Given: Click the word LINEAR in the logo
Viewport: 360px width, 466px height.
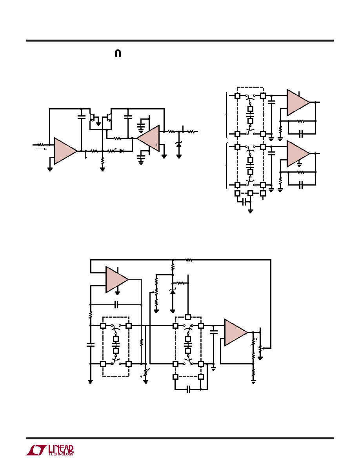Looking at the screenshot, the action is click(x=61, y=449).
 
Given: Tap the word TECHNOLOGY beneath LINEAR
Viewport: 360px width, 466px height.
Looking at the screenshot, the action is click(x=61, y=454).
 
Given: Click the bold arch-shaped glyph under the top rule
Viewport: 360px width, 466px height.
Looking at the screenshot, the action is click(x=118, y=53).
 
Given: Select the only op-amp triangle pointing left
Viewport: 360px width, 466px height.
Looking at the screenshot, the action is click(x=148, y=138).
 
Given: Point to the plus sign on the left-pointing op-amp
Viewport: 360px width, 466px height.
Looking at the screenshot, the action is click(x=156, y=145).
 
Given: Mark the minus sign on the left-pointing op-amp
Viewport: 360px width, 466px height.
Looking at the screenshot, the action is click(x=156, y=132).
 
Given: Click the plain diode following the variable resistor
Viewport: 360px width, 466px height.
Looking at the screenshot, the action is click(x=122, y=151).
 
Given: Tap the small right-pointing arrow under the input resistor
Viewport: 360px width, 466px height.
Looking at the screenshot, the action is click(x=41, y=149).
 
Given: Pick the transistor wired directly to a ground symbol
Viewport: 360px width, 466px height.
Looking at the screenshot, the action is click(x=93, y=117).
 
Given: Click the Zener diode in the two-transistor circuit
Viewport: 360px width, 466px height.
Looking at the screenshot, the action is click(x=179, y=145).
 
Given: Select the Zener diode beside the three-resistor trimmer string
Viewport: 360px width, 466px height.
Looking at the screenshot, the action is click(x=173, y=291).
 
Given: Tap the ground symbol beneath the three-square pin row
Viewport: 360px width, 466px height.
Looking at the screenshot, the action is click(x=251, y=211).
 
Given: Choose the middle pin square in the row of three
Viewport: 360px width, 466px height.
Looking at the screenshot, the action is click(x=251, y=193).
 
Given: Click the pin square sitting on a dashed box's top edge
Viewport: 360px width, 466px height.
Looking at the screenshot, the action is click(x=188, y=317).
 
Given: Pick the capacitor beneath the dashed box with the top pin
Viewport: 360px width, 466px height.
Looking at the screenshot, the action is click(x=188, y=390).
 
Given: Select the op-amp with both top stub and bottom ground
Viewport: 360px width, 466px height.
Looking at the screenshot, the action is click(x=117, y=280).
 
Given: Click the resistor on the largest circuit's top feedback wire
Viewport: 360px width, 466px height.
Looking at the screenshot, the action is click(x=189, y=260).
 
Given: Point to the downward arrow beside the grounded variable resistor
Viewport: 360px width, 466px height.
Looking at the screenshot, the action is click(x=141, y=373).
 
